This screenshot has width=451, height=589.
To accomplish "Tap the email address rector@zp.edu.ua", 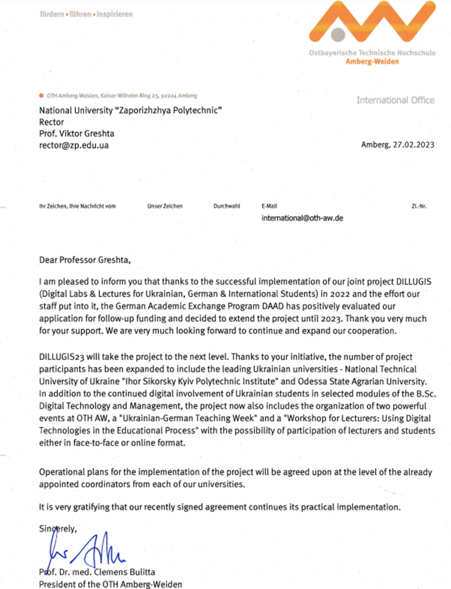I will (x=74, y=145).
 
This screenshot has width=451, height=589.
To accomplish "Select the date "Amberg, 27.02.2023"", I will (x=398, y=144).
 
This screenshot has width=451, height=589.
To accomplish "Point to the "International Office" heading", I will (x=395, y=100).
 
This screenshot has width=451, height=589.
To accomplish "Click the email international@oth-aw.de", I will (x=302, y=219).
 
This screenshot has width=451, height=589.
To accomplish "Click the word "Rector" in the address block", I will (x=51, y=122).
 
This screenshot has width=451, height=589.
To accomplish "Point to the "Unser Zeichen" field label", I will (x=165, y=206).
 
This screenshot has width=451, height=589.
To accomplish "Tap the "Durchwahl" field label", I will (x=226, y=206).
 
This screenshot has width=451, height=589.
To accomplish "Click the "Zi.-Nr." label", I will (x=418, y=206).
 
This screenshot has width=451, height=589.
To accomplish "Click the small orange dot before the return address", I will (x=40, y=95).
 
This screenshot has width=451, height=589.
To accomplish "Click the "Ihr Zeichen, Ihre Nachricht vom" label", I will (x=77, y=206).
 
